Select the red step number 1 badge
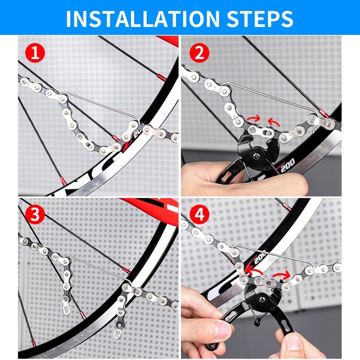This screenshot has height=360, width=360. click(x=35, y=54)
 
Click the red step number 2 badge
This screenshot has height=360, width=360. click(x=198, y=54)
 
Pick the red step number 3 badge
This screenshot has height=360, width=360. click(x=35, y=215)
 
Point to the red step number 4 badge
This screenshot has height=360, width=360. click(x=198, y=215)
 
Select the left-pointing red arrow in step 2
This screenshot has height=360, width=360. click(x=273, y=121)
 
